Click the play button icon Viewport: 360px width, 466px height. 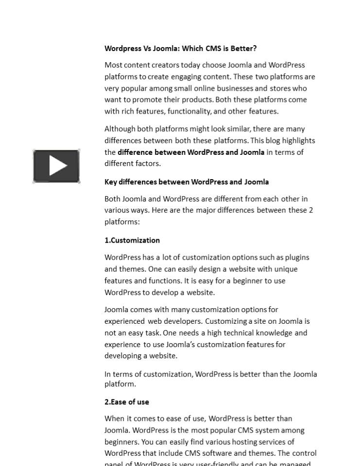point(56,166)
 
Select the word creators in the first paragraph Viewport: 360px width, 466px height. point(165,65)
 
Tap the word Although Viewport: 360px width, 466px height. point(120,129)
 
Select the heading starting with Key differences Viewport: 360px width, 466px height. point(187,182)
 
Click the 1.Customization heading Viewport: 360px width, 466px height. point(132,240)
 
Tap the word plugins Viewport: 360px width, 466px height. point(297,258)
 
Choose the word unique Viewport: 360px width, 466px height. point(286,269)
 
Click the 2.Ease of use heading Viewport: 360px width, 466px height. point(127,402)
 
